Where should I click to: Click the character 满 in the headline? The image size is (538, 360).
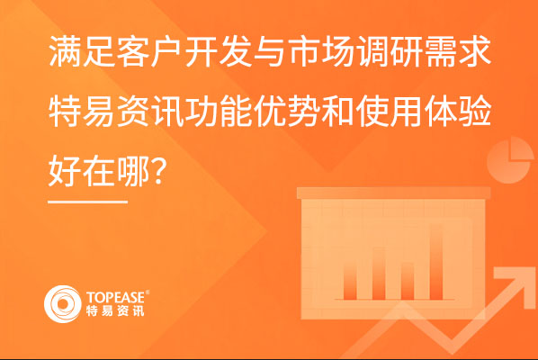point(66,51)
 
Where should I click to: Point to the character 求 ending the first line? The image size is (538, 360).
point(476,51)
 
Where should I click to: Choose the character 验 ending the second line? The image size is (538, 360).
point(476,111)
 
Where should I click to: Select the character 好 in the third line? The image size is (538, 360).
point(65,171)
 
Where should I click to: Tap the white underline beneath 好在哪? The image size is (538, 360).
point(88,202)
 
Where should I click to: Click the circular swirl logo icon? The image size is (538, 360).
point(63,303)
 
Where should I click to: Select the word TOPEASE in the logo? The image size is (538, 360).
point(116,297)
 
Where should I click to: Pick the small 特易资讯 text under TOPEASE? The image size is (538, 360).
point(115,310)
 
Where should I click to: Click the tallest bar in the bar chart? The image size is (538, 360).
point(435,262)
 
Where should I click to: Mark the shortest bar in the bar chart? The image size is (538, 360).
point(408,281)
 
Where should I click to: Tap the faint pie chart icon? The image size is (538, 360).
point(510,160)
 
